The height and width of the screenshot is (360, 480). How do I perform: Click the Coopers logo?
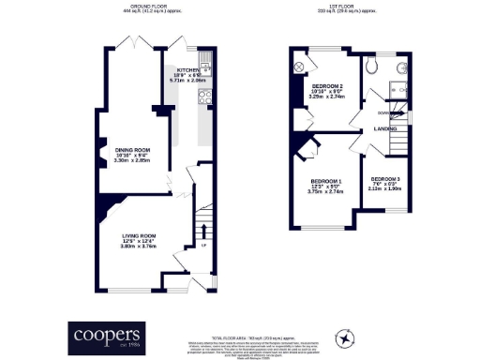(108, 336)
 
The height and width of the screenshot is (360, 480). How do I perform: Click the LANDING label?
(384, 128)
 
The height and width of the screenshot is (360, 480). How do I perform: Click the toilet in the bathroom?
(372, 66)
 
